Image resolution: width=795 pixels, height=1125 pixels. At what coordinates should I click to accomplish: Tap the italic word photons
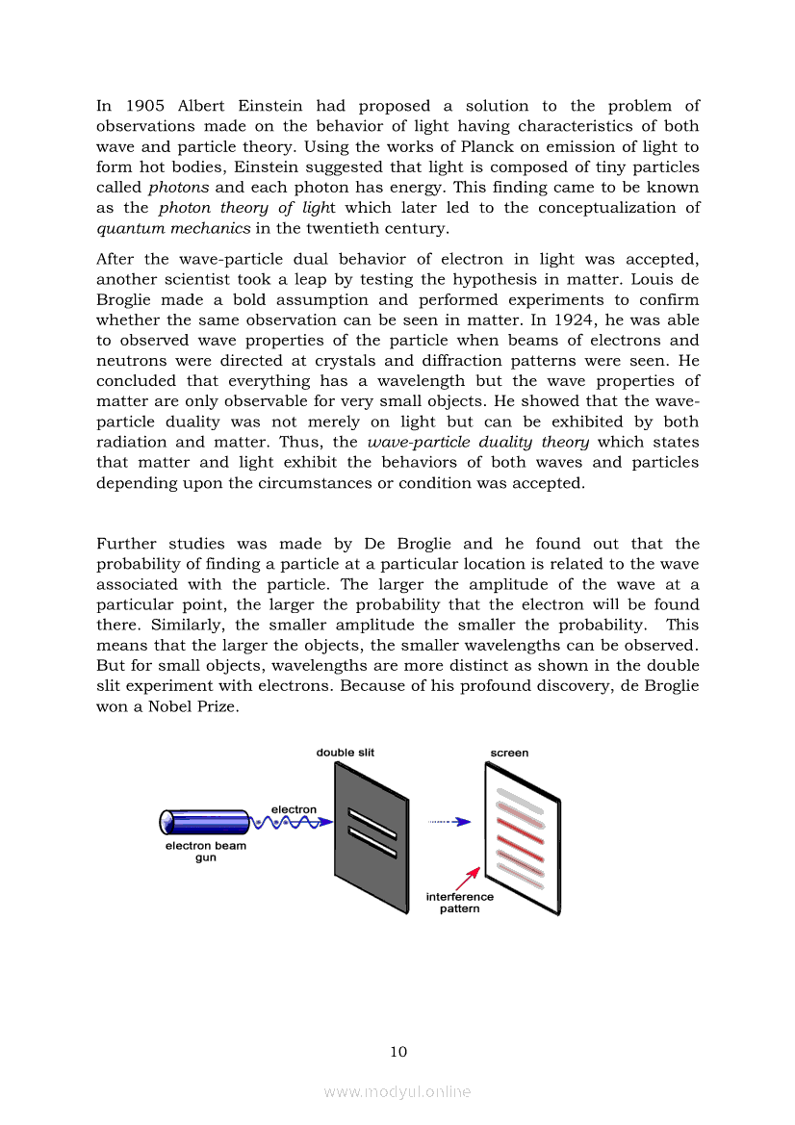(x=178, y=187)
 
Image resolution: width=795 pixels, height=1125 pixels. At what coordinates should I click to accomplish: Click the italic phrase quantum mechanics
(x=173, y=228)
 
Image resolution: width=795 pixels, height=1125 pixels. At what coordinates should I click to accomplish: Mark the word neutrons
(x=130, y=360)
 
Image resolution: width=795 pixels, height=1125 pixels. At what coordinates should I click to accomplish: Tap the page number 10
(x=397, y=1051)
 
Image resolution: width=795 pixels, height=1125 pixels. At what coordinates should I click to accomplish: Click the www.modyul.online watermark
(x=397, y=1091)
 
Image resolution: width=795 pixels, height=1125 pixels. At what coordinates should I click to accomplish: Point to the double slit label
(x=346, y=753)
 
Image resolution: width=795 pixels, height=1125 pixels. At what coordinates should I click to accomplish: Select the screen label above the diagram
(x=509, y=753)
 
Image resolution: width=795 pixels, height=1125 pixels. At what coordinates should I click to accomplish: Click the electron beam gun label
(x=206, y=852)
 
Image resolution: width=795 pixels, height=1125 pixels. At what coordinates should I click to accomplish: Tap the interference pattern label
(x=460, y=903)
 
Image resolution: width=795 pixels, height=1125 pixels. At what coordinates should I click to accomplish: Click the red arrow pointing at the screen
(x=467, y=877)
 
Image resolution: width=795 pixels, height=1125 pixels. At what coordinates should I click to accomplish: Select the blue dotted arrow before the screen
(x=449, y=822)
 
